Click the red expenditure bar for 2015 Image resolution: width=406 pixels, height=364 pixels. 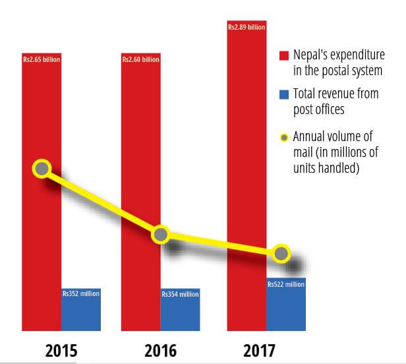pos(41,251)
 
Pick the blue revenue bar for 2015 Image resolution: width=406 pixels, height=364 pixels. pos(81,313)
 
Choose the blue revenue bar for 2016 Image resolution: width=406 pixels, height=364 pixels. pos(180,313)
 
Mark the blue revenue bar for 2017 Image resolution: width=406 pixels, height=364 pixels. pos(286,307)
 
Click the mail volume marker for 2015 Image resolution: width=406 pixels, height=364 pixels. pos(42,169)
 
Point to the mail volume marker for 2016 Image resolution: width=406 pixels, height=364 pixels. pos(161,234)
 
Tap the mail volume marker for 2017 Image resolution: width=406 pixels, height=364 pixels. pos(281,253)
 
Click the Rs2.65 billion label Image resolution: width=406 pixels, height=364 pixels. pos(41,60)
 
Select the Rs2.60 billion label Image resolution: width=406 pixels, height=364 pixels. pos(140,60)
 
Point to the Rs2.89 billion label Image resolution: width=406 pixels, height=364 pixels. pos(246,28)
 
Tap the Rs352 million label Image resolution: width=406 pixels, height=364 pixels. pos(81,293)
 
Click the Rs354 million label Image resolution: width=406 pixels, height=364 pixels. pos(180,294)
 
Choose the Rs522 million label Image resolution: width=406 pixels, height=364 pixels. pos(286,284)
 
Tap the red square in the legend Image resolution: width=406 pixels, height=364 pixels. pos(284,55)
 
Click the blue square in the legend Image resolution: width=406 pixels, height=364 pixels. pos(284,94)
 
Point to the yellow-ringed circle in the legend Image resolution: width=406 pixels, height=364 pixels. pos(284,138)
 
